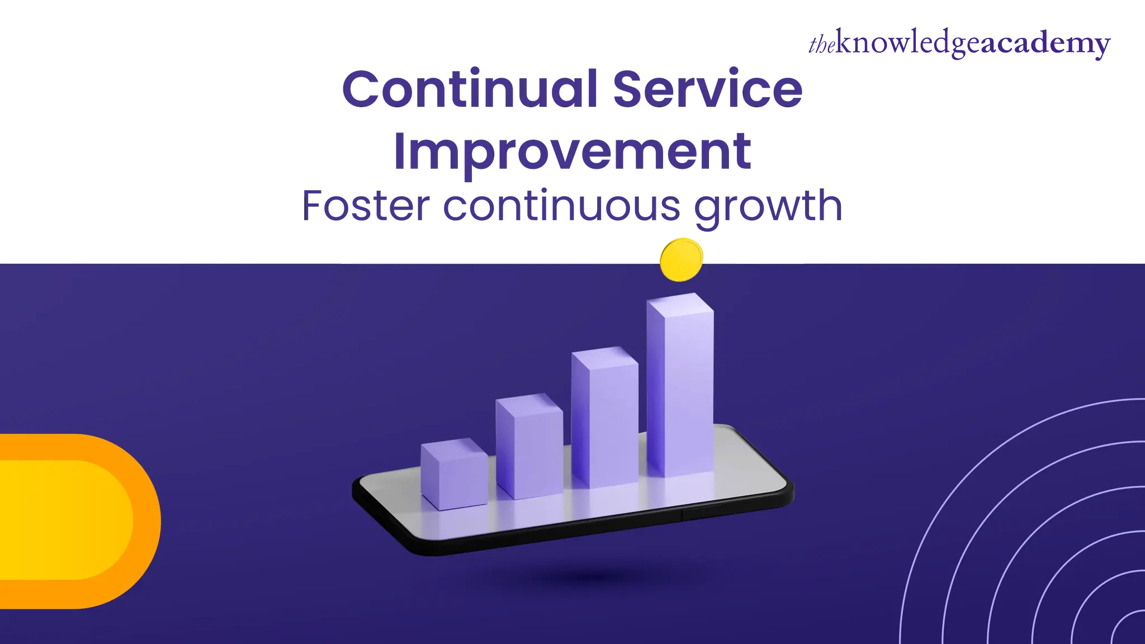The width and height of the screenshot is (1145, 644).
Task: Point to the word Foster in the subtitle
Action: coord(367,206)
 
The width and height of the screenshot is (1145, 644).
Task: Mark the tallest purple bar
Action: coord(680,391)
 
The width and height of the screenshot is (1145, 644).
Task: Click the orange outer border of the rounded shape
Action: coord(148,521)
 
